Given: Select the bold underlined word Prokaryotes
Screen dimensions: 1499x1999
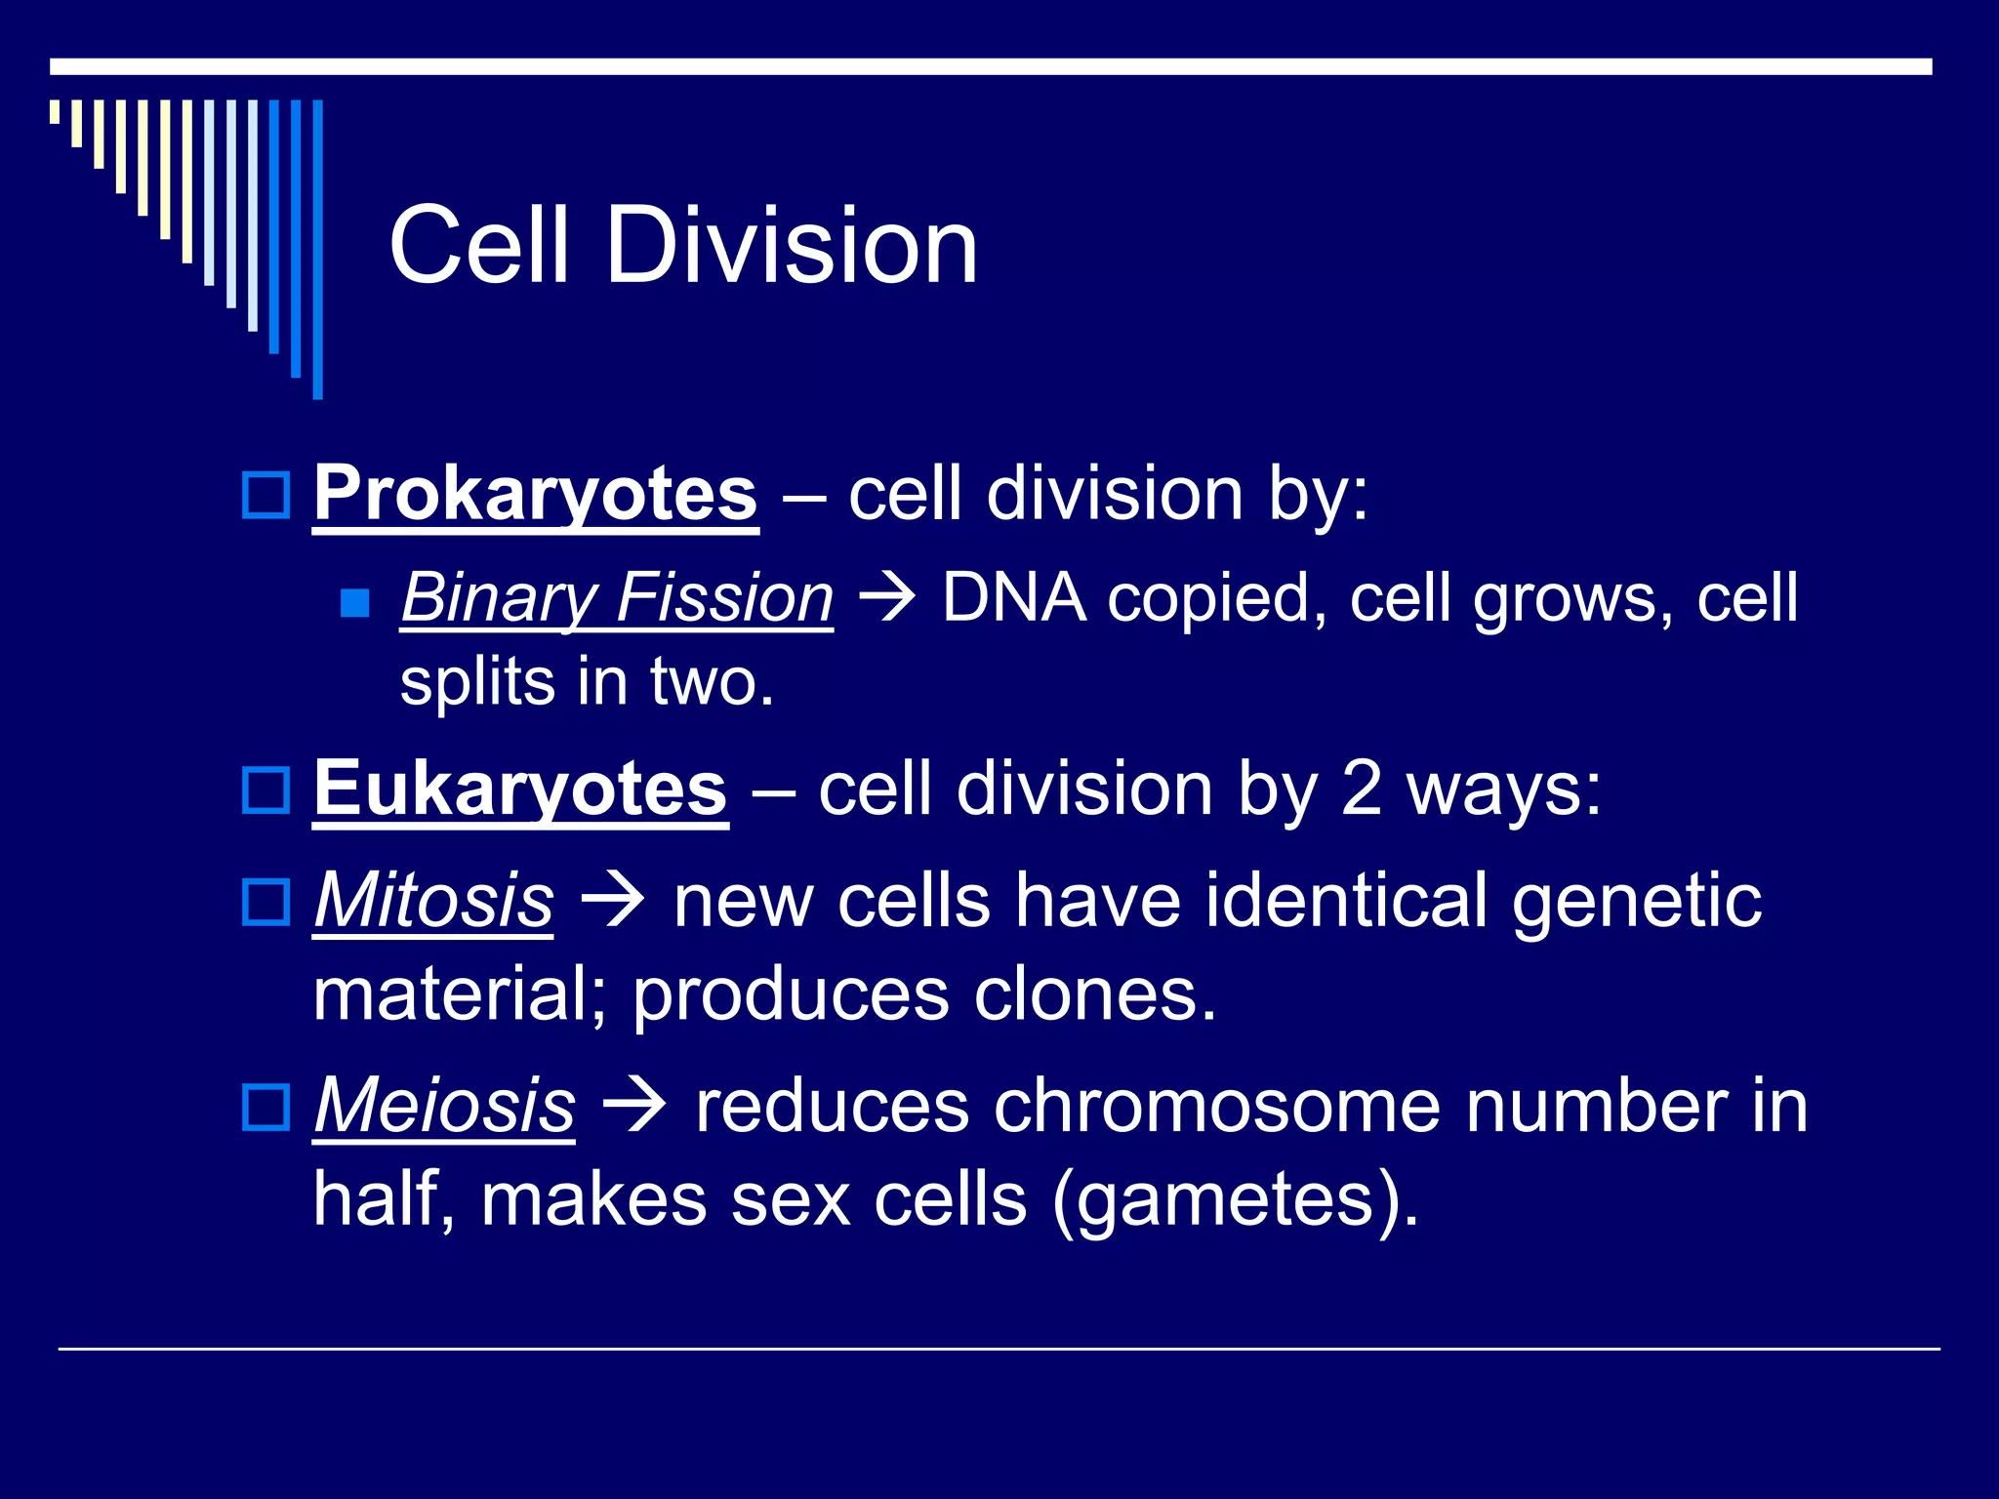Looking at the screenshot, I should click(535, 494).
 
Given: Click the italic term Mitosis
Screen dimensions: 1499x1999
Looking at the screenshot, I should click(433, 901).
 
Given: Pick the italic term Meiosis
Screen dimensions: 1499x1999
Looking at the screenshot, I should click(444, 1107).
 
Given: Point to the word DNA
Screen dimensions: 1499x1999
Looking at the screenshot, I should click(1013, 597).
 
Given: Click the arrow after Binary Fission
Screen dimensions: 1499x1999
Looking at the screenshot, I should click(886, 599).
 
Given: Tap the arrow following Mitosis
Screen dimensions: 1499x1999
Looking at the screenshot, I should click(613, 903).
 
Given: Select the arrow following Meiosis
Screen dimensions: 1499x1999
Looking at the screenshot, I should click(634, 1109).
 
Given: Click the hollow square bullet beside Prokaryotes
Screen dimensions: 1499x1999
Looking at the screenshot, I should click(265, 495).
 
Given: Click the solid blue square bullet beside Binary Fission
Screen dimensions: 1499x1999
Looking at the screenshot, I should click(355, 603).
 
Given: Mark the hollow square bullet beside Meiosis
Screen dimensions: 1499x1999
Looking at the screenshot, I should click(265, 1108).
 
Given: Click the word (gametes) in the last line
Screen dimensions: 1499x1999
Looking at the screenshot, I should click(1235, 1200).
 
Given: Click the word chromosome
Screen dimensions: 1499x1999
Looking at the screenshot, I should click(1216, 1107).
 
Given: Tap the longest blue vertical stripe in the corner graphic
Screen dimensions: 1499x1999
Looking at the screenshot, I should click(317, 249).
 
